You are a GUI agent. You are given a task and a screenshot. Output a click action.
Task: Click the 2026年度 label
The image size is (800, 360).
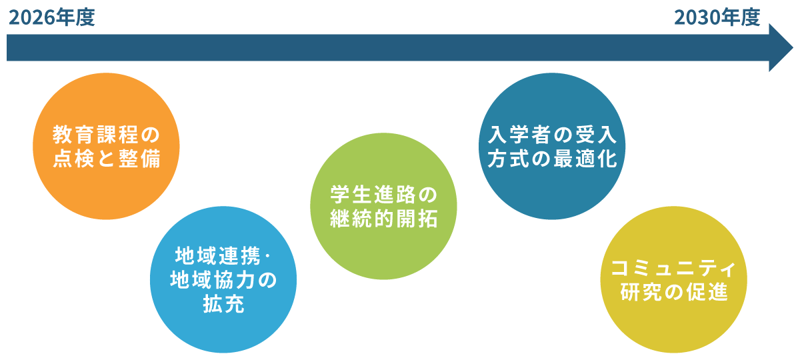click(52, 18)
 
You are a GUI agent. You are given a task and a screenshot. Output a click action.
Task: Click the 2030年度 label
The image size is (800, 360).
click(717, 18)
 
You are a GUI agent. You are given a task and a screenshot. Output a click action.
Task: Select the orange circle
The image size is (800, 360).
click(106, 146)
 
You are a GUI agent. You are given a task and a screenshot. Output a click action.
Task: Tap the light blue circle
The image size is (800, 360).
click(223, 279)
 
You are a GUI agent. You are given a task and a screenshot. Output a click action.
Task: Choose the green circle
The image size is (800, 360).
click(383, 206)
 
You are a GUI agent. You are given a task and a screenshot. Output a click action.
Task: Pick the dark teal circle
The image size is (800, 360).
click(552, 146)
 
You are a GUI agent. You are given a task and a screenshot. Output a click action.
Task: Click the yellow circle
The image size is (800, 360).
click(673, 279)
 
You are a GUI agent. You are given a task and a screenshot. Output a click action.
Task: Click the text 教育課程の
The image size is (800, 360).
click(107, 135)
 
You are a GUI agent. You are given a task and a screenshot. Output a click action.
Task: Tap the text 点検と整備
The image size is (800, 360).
click(107, 159)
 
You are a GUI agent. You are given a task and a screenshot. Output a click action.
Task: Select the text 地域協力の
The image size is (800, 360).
click(223, 279)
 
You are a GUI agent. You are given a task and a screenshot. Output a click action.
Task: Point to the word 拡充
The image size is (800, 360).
click(223, 304)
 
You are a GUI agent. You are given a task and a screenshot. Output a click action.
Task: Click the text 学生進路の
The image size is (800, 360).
click(383, 195)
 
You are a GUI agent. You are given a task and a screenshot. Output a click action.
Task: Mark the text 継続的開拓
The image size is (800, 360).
click(383, 219)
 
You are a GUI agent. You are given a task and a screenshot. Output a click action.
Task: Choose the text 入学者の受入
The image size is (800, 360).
click(552, 135)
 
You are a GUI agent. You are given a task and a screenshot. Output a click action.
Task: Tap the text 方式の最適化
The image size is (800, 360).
click(552, 159)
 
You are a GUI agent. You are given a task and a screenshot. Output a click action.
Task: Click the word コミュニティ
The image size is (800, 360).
click(673, 269)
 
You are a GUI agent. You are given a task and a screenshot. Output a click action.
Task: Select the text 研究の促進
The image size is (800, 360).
click(674, 292)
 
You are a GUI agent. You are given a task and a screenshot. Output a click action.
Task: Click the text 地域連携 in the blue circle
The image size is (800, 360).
click(218, 256)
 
